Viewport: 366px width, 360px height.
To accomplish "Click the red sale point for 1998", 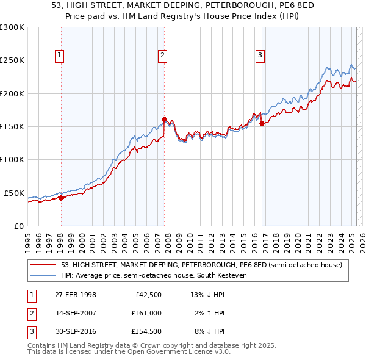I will pos(61,198).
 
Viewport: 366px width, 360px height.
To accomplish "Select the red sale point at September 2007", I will pos(165,120).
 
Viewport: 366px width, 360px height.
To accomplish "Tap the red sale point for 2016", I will pos(262,124).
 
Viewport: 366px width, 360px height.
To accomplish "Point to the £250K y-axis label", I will pos(12,60).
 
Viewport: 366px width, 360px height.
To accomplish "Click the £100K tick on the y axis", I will pos(12,159).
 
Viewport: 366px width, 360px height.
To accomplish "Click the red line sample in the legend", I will pos(43,265).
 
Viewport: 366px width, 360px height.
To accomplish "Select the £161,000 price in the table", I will pos(145,313).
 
